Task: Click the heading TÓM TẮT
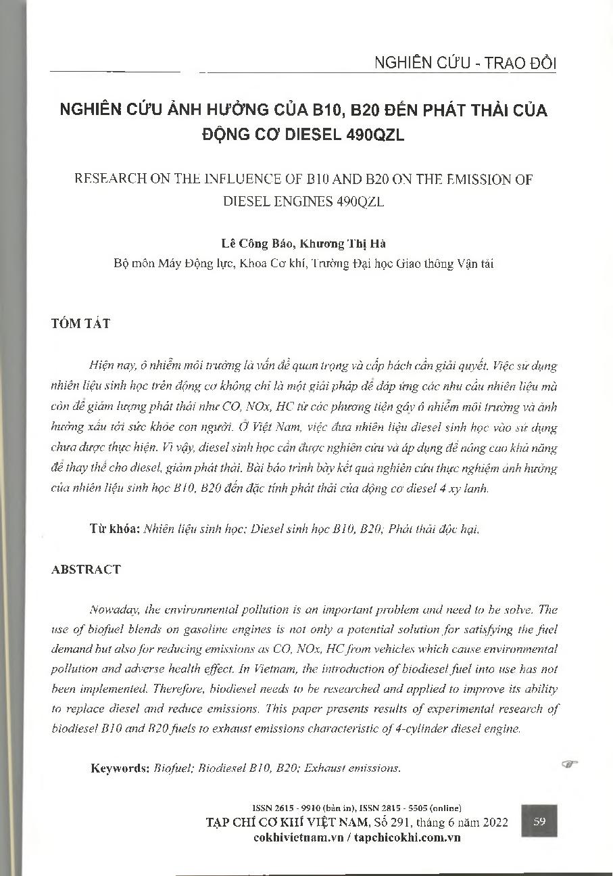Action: coord(80,323)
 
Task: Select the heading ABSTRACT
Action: coord(86,569)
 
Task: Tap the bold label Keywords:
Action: coord(120,768)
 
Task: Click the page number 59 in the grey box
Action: coord(539,822)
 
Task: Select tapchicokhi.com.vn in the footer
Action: coord(405,837)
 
